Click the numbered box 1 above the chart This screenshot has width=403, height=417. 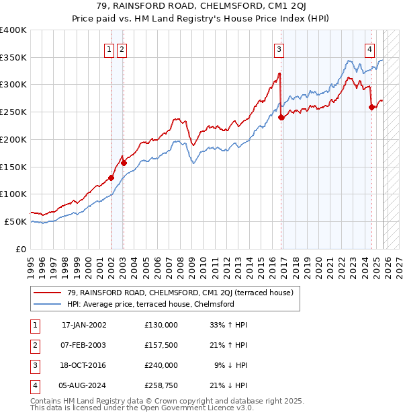(109, 48)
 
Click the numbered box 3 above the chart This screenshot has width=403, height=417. (278, 48)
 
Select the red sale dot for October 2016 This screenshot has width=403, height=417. (281, 117)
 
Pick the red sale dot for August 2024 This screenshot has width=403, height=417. (371, 107)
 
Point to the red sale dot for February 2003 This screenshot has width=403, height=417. (124, 162)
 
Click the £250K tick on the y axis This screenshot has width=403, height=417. (13, 112)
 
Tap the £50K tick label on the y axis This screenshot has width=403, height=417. (15, 221)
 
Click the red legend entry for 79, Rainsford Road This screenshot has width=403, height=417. (175, 293)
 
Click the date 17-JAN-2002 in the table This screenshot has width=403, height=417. (84, 325)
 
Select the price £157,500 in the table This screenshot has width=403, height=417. (161, 344)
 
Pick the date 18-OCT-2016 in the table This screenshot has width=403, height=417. (84, 365)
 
